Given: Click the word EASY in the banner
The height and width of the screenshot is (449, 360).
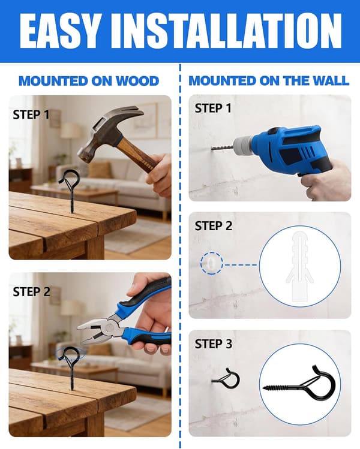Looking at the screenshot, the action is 61,31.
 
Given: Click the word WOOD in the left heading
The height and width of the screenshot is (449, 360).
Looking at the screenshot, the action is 137,81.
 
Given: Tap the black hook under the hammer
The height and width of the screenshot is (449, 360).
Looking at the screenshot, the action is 69,189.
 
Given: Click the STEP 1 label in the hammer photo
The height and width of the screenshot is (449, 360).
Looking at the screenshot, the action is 31,115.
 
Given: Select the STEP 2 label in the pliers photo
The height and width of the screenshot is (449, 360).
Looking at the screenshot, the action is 32,292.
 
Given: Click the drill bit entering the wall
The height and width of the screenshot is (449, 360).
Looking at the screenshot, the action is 222,147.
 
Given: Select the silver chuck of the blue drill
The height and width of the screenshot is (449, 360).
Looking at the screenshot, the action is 243,145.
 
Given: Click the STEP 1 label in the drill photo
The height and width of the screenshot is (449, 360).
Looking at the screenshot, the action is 213,109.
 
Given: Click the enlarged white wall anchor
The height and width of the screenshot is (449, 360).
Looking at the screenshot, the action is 299,267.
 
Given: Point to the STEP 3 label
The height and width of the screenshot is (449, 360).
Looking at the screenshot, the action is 214,344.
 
